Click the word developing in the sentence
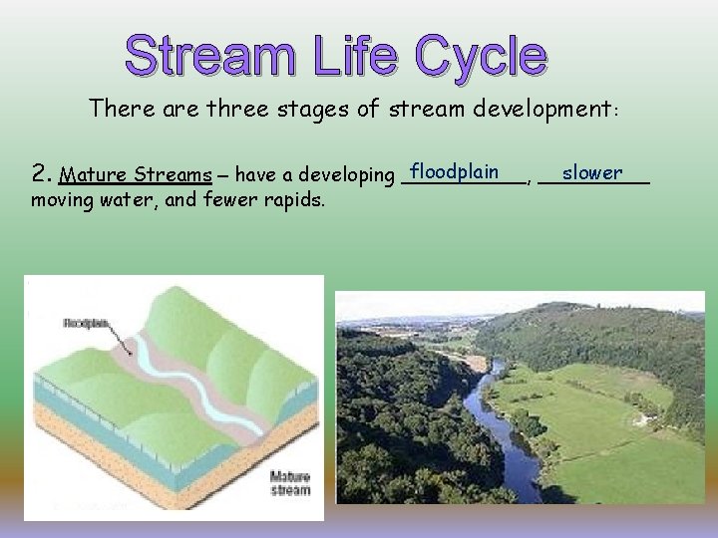point(345,176)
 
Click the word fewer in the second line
point(238,202)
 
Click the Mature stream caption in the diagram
point(290,483)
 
